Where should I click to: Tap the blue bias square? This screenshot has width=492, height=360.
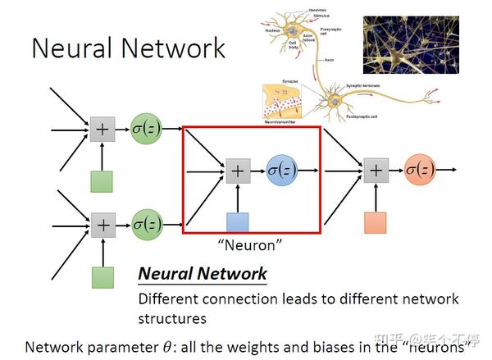pos(237,222)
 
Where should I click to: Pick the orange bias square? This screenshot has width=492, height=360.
pos(376,222)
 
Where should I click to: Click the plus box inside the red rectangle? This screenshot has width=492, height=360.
pos(238,171)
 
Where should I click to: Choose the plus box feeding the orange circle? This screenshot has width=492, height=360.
pos(376,171)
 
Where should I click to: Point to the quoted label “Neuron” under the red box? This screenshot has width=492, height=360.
pos(249,244)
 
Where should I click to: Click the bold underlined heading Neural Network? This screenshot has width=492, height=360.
pos(202,274)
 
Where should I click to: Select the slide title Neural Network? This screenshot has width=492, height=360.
pos(128,48)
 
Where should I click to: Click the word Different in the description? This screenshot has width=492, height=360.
pos(169,299)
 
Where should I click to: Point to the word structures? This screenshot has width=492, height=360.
pos(171,318)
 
